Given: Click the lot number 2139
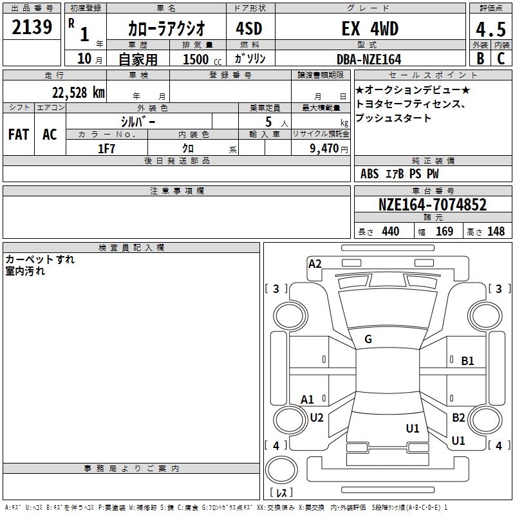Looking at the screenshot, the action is (32, 28).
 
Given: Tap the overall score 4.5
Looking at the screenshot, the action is (489, 30).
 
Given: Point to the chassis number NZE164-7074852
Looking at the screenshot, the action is (433, 205).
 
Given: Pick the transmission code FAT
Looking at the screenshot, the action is (18, 134).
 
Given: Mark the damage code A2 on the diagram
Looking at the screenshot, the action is (315, 263).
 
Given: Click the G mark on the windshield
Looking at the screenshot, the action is (368, 339).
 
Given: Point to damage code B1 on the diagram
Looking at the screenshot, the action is (467, 361).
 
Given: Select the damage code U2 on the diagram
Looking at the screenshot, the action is (317, 417).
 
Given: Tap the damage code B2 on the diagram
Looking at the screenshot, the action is (458, 418).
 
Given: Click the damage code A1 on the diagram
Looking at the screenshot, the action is (308, 400).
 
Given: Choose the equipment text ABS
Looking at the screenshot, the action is (370, 174).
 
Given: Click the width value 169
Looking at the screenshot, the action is (444, 232).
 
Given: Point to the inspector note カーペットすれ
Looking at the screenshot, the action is (40, 259).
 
